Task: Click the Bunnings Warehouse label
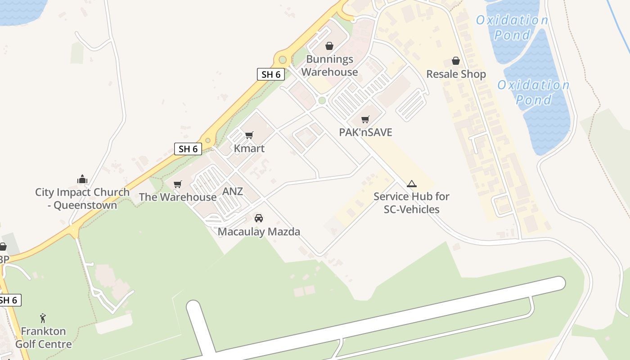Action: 329,66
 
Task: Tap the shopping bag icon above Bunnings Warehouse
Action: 329,46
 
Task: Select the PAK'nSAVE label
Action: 365,132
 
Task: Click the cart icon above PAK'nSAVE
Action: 365,120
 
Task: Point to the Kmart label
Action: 249,148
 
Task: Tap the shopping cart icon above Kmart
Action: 249,135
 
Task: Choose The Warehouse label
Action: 178,197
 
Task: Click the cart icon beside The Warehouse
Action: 178,184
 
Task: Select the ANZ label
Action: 233,191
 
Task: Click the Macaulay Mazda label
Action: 259,232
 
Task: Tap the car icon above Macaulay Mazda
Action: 259,218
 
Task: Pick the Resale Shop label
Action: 456,74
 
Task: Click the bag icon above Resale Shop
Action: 456,61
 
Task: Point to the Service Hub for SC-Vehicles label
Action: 411,202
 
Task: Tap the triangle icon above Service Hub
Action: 411,184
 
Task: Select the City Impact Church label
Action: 82,198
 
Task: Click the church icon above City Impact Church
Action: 82,180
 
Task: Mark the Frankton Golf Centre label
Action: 43,337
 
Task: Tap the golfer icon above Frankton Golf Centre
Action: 43,318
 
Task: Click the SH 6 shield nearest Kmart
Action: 188,149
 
